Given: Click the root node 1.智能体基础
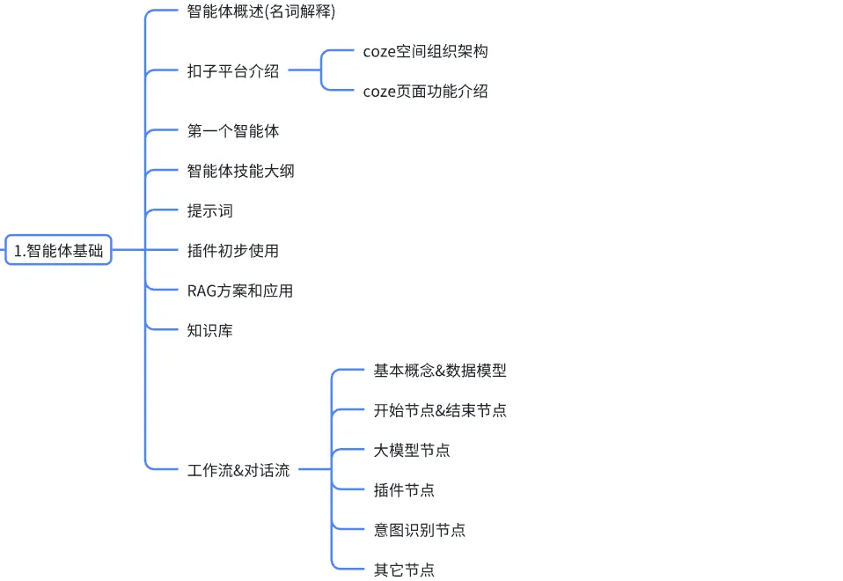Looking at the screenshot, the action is (x=58, y=250).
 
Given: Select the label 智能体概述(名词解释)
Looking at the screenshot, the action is (x=261, y=11).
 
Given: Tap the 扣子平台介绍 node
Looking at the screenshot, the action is (x=233, y=71).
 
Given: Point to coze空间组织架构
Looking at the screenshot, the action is (x=425, y=52).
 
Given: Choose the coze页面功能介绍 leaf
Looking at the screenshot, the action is (x=425, y=92).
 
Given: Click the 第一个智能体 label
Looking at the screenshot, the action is (x=233, y=130).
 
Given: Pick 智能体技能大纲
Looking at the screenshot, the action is (x=240, y=171).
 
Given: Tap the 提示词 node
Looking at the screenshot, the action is (x=209, y=211).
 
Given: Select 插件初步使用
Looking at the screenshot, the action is (x=233, y=251).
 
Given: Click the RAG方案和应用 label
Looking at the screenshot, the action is (x=239, y=291).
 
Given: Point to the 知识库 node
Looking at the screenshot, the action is (x=209, y=330).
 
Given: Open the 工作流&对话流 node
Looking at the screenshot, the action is (x=238, y=470).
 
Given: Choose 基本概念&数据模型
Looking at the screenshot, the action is (x=440, y=370).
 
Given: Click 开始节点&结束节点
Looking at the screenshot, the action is (x=440, y=410).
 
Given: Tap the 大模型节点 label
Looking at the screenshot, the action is (x=412, y=450).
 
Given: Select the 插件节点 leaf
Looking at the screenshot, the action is (x=404, y=490).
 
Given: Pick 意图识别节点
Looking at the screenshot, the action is (x=420, y=530).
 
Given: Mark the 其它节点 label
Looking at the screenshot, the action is (x=404, y=570).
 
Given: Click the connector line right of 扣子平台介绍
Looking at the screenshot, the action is (x=304, y=70).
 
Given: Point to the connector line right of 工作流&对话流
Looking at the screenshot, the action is (x=315, y=469).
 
